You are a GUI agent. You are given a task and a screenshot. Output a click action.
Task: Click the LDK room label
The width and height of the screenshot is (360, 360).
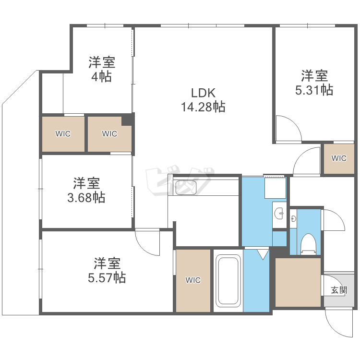pos(203,93)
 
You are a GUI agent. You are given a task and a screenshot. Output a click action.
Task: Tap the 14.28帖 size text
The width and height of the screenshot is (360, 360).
pos(203,107)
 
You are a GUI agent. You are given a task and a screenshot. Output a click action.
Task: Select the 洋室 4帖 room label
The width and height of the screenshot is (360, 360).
pos(102,69)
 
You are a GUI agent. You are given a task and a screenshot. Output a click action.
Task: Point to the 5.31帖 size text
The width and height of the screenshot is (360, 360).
pos(314,90)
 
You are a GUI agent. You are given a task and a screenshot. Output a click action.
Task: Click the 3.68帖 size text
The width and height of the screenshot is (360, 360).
pos(86,198)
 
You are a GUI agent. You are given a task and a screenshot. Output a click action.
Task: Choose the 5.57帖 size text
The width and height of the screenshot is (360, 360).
pos(107,277)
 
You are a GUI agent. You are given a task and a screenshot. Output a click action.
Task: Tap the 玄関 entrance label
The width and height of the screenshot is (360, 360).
pos(339,290)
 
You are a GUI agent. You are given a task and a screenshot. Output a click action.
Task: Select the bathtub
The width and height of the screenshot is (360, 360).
pos(228,281)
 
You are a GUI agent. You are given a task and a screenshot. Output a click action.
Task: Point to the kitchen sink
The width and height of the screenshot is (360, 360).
pos(186,188)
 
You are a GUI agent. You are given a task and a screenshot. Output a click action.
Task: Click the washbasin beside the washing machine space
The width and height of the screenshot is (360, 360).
pos(279,214)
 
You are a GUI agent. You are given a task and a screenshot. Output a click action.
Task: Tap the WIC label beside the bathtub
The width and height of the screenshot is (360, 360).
pos(193,280)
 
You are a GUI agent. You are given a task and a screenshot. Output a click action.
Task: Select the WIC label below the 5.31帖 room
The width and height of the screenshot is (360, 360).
pos(339,158)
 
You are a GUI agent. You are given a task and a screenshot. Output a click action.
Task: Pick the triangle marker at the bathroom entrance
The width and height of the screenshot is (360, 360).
pos(263,254)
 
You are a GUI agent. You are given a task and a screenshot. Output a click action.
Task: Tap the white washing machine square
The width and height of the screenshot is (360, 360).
pos(276,188)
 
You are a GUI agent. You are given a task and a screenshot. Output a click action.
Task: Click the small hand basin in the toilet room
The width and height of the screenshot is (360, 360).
pos(293,219)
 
